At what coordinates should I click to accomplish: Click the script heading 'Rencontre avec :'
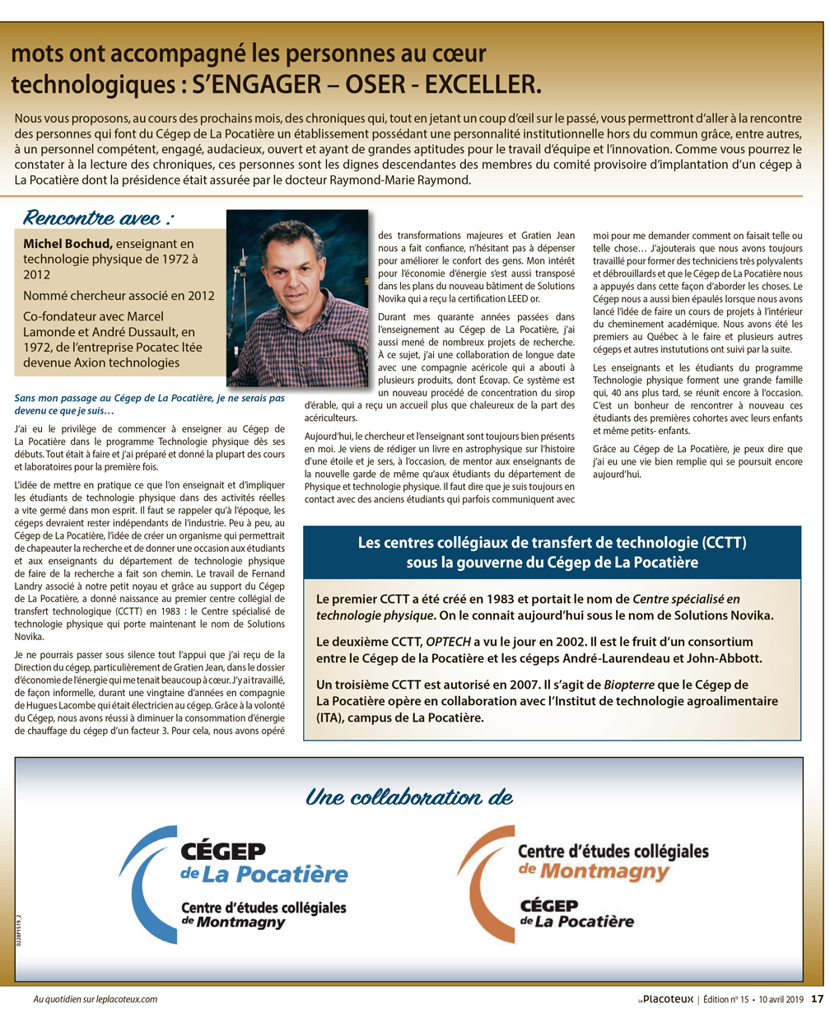click(98, 217)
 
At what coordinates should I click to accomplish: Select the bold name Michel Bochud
click(68, 244)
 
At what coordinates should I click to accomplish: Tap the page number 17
click(817, 998)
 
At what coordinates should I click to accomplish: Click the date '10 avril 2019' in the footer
click(781, 999)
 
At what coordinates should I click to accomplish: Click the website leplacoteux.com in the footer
click(119, 999)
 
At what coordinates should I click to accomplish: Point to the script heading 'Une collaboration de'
click(408, 797)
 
